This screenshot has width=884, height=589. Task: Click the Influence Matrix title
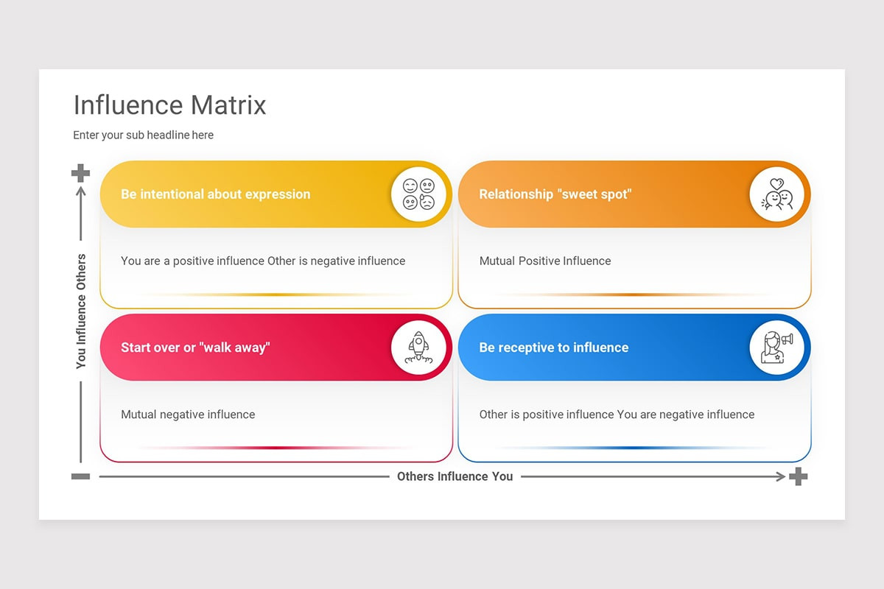click(x=169, y=105)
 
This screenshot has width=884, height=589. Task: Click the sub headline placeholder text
click(x=143, y=135)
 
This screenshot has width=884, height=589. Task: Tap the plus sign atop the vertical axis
click(x=80, y=173)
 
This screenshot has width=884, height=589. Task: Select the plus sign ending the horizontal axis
click(x=798, y=476)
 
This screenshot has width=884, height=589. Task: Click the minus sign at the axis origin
click(x=80, y=476)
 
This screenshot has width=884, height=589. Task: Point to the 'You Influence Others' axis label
click(x=81, y=311)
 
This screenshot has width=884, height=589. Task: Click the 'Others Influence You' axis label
click(x=455, y=476)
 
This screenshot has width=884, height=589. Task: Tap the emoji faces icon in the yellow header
click(x=418, y=194)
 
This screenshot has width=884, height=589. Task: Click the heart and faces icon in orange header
click(x=777, y=194)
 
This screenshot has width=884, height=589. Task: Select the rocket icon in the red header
click(x=418, y=348)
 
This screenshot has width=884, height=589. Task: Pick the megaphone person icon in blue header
click(x=777, y=348)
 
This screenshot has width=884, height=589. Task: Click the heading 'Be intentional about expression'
click(x=215, y=194)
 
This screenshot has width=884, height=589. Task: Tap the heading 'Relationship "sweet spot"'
click(x=555, y=194)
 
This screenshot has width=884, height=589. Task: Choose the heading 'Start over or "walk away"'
click(x=195, y=348)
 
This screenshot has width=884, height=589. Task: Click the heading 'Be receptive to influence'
click(x=553, y=348)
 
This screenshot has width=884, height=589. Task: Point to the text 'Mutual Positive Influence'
click(x=544, y=261)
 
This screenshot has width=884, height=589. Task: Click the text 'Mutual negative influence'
click(x=188, y=415)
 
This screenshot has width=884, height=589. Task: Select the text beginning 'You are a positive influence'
click(x=263, y=261)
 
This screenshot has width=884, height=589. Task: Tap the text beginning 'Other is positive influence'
click(x=617, y=415)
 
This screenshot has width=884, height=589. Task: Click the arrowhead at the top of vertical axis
click(x=81, y=191)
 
